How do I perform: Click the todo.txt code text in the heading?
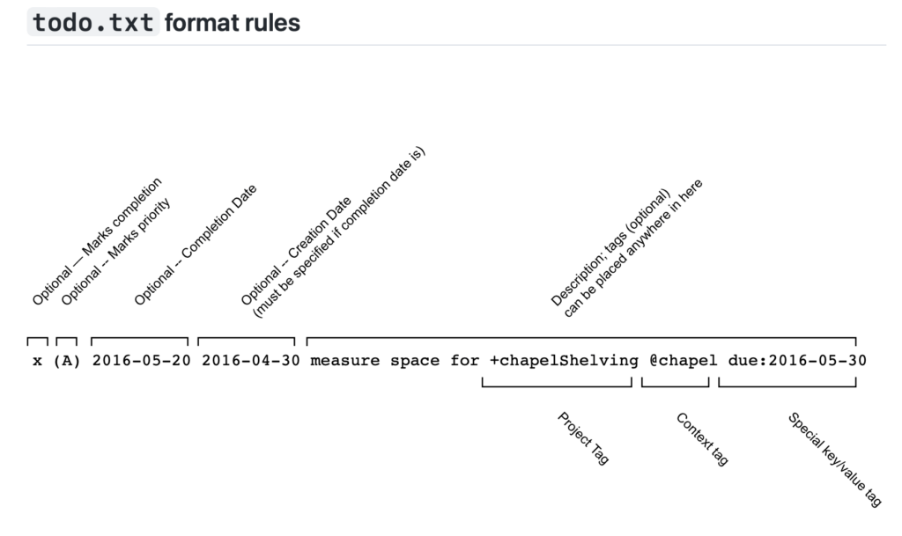click(93, 22)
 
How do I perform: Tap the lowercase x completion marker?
click(37, 362)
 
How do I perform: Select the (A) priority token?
click(67, 361)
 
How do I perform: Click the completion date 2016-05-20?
click(142, 361)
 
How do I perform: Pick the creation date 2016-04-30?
click(251, 361)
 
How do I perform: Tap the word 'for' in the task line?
click(465, 361)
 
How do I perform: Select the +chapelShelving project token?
click(564, 362)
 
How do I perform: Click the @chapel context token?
click(684, 361)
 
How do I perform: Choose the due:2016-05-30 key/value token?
click(797, 361)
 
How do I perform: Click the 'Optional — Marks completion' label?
click(97, 241)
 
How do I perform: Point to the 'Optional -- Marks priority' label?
click(115, 252)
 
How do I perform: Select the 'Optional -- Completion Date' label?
click(195, 245)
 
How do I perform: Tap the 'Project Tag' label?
click(583, 437)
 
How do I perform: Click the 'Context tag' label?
click(702, 439)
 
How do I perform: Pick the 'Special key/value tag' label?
click(834, 459)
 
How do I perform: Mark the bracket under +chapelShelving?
click(557, 386)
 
